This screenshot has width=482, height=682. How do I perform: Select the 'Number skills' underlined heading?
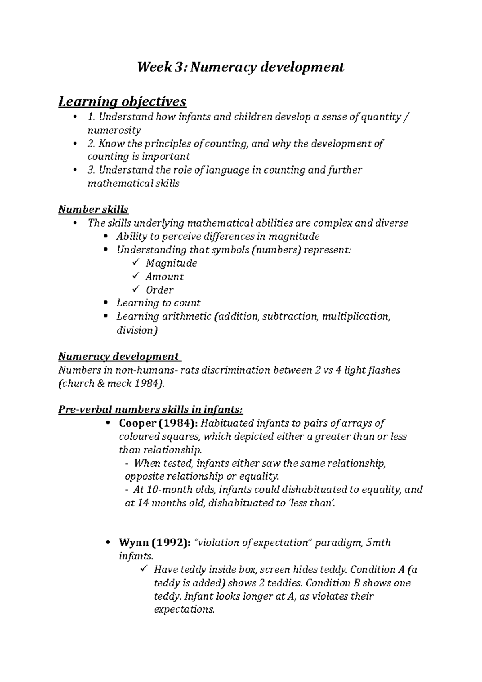[93, 209]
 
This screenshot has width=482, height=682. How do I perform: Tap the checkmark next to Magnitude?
[135, 263]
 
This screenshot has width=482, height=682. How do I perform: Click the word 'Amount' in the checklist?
[164, 276]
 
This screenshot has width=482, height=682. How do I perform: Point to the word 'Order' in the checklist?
[159, 290]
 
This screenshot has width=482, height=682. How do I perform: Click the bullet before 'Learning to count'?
[106, 303]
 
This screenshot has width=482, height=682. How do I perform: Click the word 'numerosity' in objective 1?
[114, 130]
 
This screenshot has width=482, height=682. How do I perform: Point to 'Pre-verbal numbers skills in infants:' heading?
[151, 410]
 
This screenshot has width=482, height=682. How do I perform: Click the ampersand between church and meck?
[101, 383]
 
